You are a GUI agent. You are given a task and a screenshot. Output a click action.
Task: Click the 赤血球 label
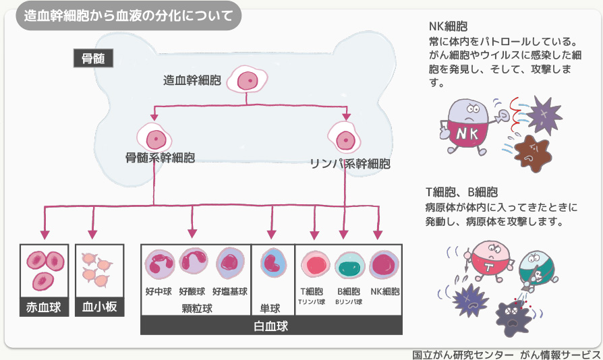[44, 307]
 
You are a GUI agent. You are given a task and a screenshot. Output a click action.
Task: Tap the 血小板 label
[99, 307]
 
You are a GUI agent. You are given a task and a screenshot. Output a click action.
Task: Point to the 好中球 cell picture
[159, 265]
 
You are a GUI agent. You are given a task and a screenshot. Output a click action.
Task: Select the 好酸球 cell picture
[194, 264]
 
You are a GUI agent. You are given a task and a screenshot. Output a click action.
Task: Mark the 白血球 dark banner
[270, 326]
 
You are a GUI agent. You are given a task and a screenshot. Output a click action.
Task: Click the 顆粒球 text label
[196, 309]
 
